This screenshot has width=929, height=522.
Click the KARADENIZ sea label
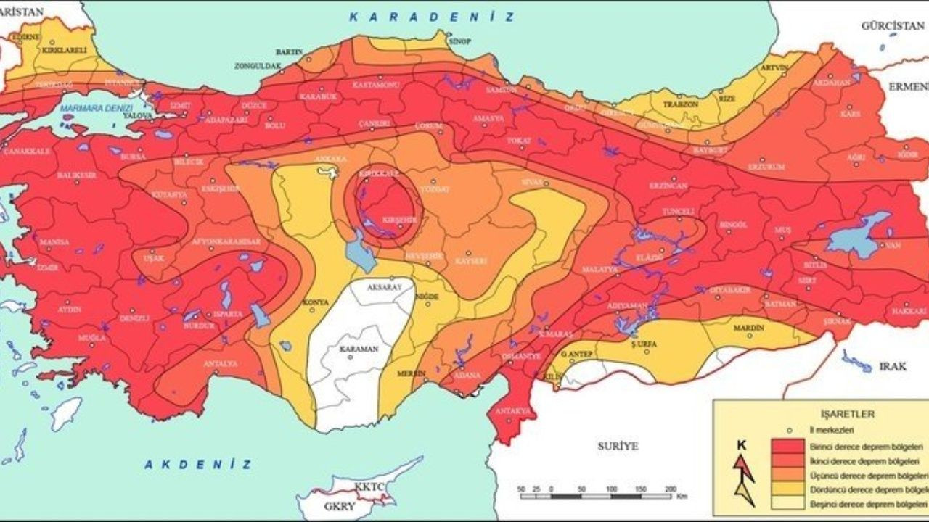[x=432, y=17]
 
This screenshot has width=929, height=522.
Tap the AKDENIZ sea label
[x=197, y=465]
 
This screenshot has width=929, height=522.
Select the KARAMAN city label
[x=359, y=349]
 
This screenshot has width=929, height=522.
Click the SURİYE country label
[x=618, y=446]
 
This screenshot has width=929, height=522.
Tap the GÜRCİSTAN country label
[x=892, y=25]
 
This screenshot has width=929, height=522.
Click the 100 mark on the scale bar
[x=611, y=489]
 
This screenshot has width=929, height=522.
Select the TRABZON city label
[x=680, y=104]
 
